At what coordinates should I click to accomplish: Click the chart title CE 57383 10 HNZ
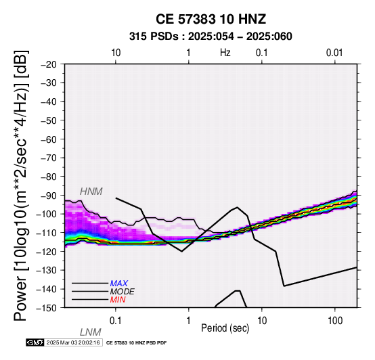tap(211, 19)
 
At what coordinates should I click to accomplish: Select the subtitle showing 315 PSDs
tap(211, 37)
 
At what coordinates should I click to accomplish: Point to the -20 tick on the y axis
tap(49, 64)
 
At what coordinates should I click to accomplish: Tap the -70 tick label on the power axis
tap(49, 158)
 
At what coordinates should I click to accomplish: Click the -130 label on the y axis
tap(47, 271)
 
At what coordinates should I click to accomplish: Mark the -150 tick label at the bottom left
tap(47, 308)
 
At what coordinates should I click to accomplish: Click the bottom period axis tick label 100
tap(335, 321)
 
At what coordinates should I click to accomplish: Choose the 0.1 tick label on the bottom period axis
tap(116, 321)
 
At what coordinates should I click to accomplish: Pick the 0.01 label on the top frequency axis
tap(334, 53)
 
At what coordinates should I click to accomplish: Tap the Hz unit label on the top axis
tap(225, 53)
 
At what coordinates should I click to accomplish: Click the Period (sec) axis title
tap(225, 328)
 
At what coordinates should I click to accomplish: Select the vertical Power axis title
tap(21, 185)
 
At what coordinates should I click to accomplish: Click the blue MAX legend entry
tap(119, 284)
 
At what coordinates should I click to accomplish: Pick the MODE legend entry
tap(123, 292)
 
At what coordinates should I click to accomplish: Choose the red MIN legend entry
tap(118, 300)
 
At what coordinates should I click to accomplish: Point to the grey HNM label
tap(91, 192)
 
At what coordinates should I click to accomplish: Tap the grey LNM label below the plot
tap(91, 332)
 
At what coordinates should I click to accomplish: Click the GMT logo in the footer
tap(35, 342)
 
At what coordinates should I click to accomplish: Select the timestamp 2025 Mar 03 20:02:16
tap(73, 342)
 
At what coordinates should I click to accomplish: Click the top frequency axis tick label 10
tap(116, 53)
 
